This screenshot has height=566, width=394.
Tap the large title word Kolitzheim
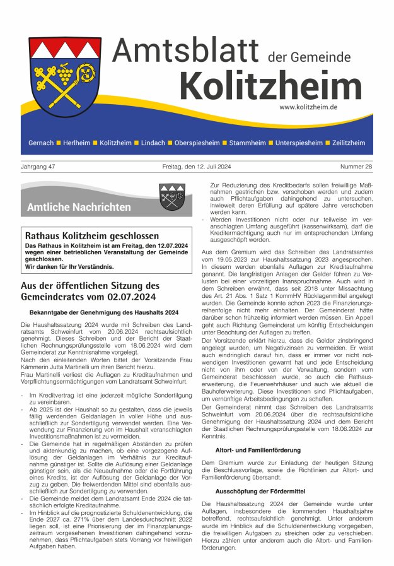(270, 85)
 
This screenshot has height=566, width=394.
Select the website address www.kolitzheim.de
(308, 107)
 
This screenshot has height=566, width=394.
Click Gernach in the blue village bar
(41, 143)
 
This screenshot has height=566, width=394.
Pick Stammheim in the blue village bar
(247, 143)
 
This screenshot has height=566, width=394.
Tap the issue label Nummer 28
(356, 167)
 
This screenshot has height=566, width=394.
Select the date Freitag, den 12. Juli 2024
(196, 167)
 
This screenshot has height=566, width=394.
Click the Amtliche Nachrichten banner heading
(79, 207)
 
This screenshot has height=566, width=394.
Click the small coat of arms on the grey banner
(171, 197)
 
